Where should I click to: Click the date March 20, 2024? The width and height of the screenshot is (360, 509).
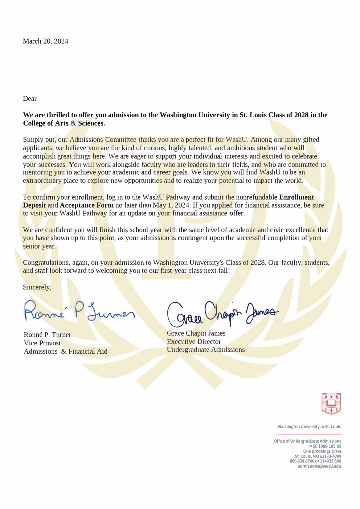[45, 41]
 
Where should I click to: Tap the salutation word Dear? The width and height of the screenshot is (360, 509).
[30, 99]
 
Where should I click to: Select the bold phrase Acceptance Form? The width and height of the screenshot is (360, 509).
[87, 205]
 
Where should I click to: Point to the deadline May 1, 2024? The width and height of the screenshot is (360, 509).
[171, 205]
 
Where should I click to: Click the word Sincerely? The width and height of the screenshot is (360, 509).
[37, 287]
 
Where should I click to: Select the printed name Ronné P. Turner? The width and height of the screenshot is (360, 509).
[48, 335]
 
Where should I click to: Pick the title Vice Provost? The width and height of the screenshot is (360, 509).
[42, 343]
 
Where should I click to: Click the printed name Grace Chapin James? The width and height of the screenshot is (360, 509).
[196, 333]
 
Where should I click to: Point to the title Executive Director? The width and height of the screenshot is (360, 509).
[194, 342]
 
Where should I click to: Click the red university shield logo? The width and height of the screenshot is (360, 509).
[331, 403]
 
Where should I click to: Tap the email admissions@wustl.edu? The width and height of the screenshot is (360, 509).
[319, 466]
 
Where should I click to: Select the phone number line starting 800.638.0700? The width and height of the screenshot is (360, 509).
[315, 461]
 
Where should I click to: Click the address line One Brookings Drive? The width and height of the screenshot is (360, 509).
[322, 451]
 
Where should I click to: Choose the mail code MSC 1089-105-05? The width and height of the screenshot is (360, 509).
[325, 446]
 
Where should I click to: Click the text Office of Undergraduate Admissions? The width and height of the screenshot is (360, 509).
[307, 441]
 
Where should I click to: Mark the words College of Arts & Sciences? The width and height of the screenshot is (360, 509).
[64, 123]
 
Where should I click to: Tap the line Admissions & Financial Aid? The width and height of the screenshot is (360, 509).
[66, 352]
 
